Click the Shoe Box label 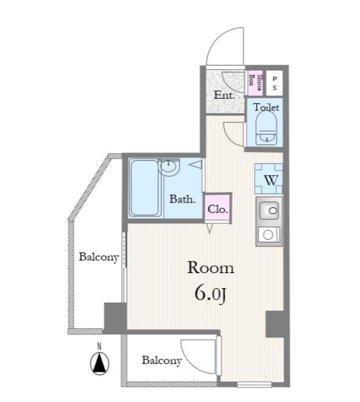pyautogui.click(x=255, y=83)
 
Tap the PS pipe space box pyautogui.click(x=275, y=83)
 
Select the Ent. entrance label pyautogui.click(x=225, y=95)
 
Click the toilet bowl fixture pyautogui.click(x=266, y=128)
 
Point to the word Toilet pyautogui.click(x=266, y=107)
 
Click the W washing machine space pyautogui.click(x=268, y=178)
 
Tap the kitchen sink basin pyautogui.click(x=269, y=211)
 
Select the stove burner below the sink pyautogui.click(x=268, y=235)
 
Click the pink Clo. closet pyautogui.click(x=218, y=208)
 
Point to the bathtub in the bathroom pyautogui.click(x=144, y=188)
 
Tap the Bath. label pyautogui.click(x=182, y=199)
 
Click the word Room pyautogui.click(x=211, y=268)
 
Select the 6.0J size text pyautogui.click(x=211, y=294)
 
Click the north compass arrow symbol pyautogui.click(x=99, y=363)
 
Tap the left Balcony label pyautogui.click(x=99, y=257)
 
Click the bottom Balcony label pyautogui.click(x=162, y=360)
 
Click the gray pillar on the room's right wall pyautogui.click(x=275, y=324)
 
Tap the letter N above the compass pyautogui.click(x=99, y=347)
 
